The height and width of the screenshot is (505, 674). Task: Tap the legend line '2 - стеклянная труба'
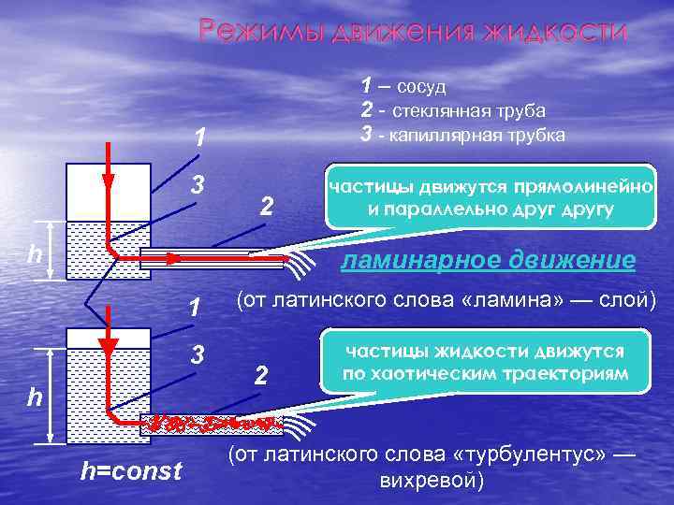(453, 110)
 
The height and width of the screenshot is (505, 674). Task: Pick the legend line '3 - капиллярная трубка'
(462, 135)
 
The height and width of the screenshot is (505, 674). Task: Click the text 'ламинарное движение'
(488, 259)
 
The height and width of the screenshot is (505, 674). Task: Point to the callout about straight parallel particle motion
(490, 197)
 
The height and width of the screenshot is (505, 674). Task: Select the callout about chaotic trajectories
(485, 362)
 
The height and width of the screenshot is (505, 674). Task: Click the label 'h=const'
(131, 472)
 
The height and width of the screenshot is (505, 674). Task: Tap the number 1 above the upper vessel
(198, 138)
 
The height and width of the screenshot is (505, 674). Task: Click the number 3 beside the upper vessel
(198, 186)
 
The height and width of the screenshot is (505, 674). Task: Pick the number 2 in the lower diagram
(263, 376)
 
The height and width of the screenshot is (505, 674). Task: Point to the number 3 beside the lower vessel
(198, 355)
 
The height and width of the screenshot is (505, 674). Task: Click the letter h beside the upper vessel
(34, 253)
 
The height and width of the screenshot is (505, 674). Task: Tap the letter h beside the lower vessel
(34, 397)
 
